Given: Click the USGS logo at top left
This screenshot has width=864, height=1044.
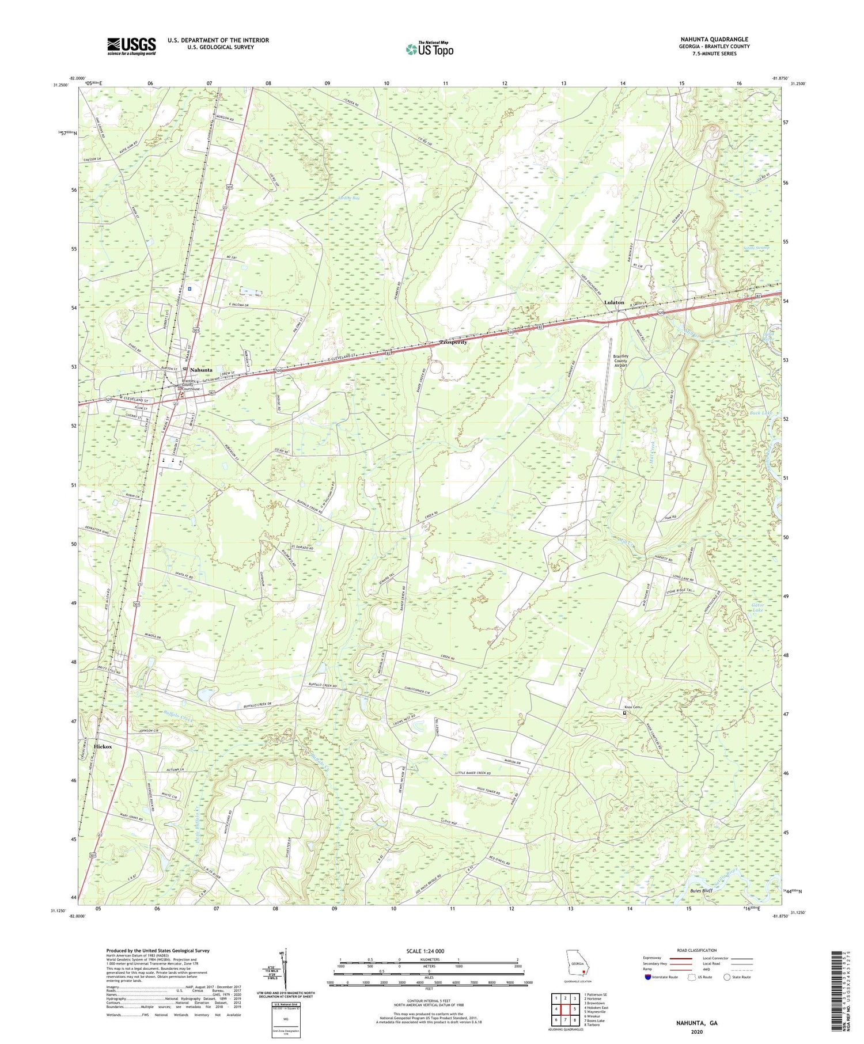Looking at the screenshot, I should [x=131, y=46].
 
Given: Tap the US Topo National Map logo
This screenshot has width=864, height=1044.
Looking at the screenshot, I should [x=429, y=49].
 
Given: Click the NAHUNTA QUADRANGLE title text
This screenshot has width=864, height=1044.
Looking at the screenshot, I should [x=714, y=39].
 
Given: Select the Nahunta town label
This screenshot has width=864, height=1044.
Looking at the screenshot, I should [x=201, y=370].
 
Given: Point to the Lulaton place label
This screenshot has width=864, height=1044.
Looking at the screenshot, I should [x=613, y=302].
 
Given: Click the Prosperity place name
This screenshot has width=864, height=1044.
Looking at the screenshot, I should [x=453, y=342].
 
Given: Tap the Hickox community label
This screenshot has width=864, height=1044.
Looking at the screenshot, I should [x=103, y=746].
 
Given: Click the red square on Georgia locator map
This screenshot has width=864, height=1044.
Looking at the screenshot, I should [x=583, y=970].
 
